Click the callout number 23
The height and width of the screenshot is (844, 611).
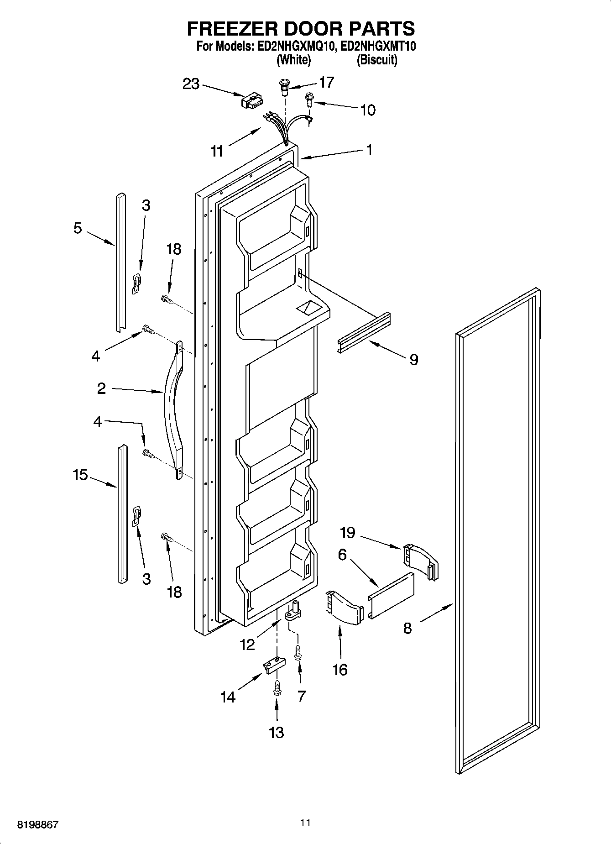click(x=191, y=84)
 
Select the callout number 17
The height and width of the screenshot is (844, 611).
click(x=327, y=82)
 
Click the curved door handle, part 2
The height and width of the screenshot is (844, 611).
click(x=173, y=406)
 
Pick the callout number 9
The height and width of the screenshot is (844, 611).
click(x=413, y=360)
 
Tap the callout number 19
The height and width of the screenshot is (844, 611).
click(x=348, y=532)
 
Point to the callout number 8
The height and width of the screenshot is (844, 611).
click(x=407, y=628)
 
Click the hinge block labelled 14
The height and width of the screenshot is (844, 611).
click(x=273, y=665)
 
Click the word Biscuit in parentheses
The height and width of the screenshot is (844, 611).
click(x=377, y=60)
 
